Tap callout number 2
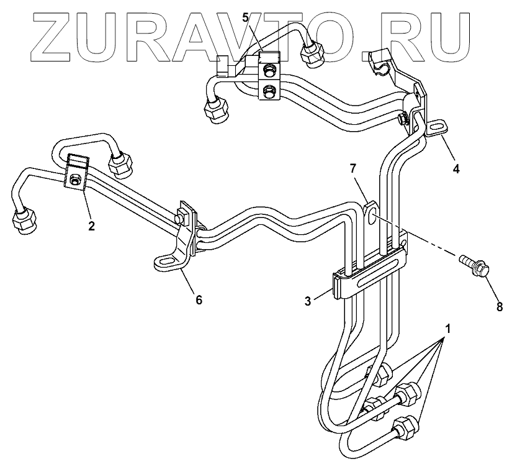point(91,225)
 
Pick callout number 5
point(246,17)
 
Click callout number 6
point(199,299)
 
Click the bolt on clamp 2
point(73,181)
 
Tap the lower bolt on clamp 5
point(269,91)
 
